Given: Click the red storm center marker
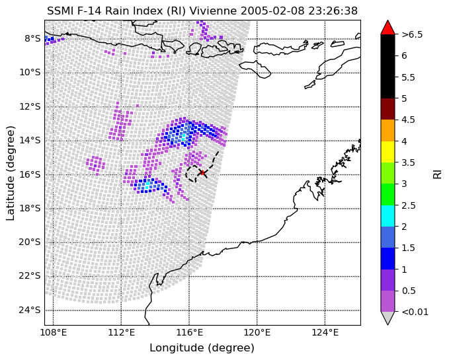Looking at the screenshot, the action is point(202,172).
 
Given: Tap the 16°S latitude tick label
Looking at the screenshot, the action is point(30,174).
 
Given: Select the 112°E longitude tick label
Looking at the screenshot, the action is point(121,332).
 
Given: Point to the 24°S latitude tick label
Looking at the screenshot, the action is point(30,310).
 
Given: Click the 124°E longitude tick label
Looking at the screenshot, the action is point(325,332).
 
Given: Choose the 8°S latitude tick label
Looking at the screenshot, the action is point(32,38).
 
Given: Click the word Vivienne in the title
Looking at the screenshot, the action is point(214,11).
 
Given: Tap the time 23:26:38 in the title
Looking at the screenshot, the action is point(333,11).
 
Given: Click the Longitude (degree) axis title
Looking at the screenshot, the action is point(202,348).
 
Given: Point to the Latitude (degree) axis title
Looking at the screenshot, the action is point(11,173).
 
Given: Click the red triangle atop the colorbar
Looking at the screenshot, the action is point(388,27).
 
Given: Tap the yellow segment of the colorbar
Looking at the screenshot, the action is point(388,152).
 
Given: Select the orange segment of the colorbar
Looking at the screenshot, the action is point(388,130).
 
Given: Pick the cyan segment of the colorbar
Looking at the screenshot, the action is point(388,216).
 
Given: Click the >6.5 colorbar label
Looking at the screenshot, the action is point(412,34).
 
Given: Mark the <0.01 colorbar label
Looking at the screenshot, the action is point(415,312).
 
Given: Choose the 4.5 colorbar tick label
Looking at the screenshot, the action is point(408,120).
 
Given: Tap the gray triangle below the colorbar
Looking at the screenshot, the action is point(388,317).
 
